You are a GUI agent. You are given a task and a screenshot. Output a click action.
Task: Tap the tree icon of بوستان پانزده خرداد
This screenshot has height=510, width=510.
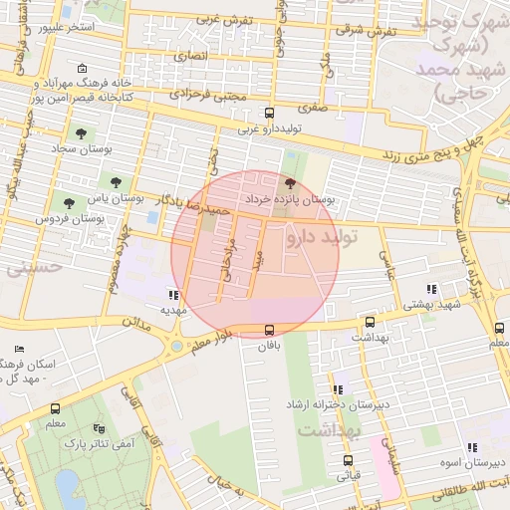(290, 183)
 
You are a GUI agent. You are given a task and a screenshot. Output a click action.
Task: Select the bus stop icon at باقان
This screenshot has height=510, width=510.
(269, 330)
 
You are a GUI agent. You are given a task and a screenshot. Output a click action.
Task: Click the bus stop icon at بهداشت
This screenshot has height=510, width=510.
(371, 323)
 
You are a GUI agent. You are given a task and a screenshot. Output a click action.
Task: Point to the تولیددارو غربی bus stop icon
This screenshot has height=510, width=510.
(268, 114)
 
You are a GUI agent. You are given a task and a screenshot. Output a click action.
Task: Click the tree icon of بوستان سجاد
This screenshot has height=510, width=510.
(78, 131)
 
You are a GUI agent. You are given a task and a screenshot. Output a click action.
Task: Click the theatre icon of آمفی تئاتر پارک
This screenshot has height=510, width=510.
(98, 429)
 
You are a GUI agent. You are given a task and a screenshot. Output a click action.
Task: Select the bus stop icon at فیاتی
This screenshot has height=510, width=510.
(348, 460)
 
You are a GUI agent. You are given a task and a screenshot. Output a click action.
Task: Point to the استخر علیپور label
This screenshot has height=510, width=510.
(65, 27)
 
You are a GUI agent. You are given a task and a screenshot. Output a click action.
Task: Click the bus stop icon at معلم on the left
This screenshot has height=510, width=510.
(54, 408)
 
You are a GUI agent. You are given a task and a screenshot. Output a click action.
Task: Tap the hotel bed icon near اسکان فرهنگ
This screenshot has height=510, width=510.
(20, 350)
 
